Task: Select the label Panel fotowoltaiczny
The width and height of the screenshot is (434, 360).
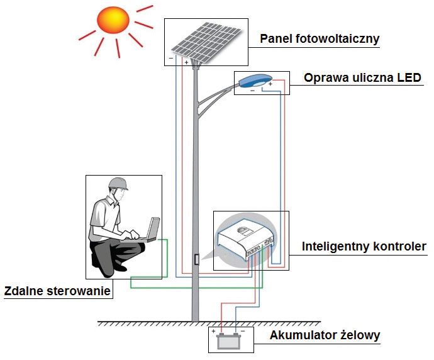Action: [x=320, y=39]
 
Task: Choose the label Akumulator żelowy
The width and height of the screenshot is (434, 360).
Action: [x=325, y=335]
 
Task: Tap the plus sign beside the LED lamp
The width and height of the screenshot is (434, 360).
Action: [x=270, y=83]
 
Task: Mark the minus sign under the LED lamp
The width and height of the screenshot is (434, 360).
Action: [x=253, y=91]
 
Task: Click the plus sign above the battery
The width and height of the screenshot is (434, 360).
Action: [x=214, y=331]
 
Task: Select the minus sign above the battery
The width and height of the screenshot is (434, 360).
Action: [x=243, y=331]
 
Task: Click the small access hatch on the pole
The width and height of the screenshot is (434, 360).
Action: [x=196, y=259]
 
